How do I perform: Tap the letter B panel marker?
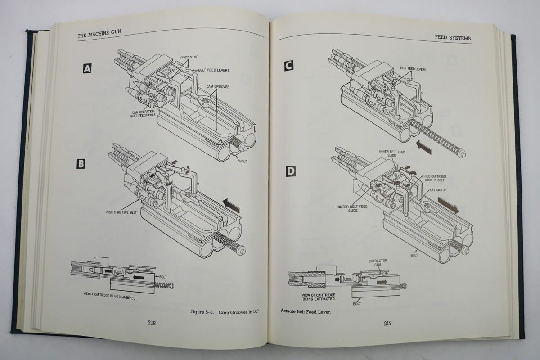pyautogui.click(x=81, y=164)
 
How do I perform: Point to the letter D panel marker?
pyautogui.click(x=291, y=171)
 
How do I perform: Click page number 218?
pyautogui.click(x=152, y=322)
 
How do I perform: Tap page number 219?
pyautogui.click(x=388, y=323)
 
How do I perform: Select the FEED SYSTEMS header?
pyautogui.click(x=453, y=39)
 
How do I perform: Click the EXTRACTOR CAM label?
pyautogui.click(x=378, y=263)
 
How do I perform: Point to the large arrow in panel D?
pyautogui.click(x=449, y=206)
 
